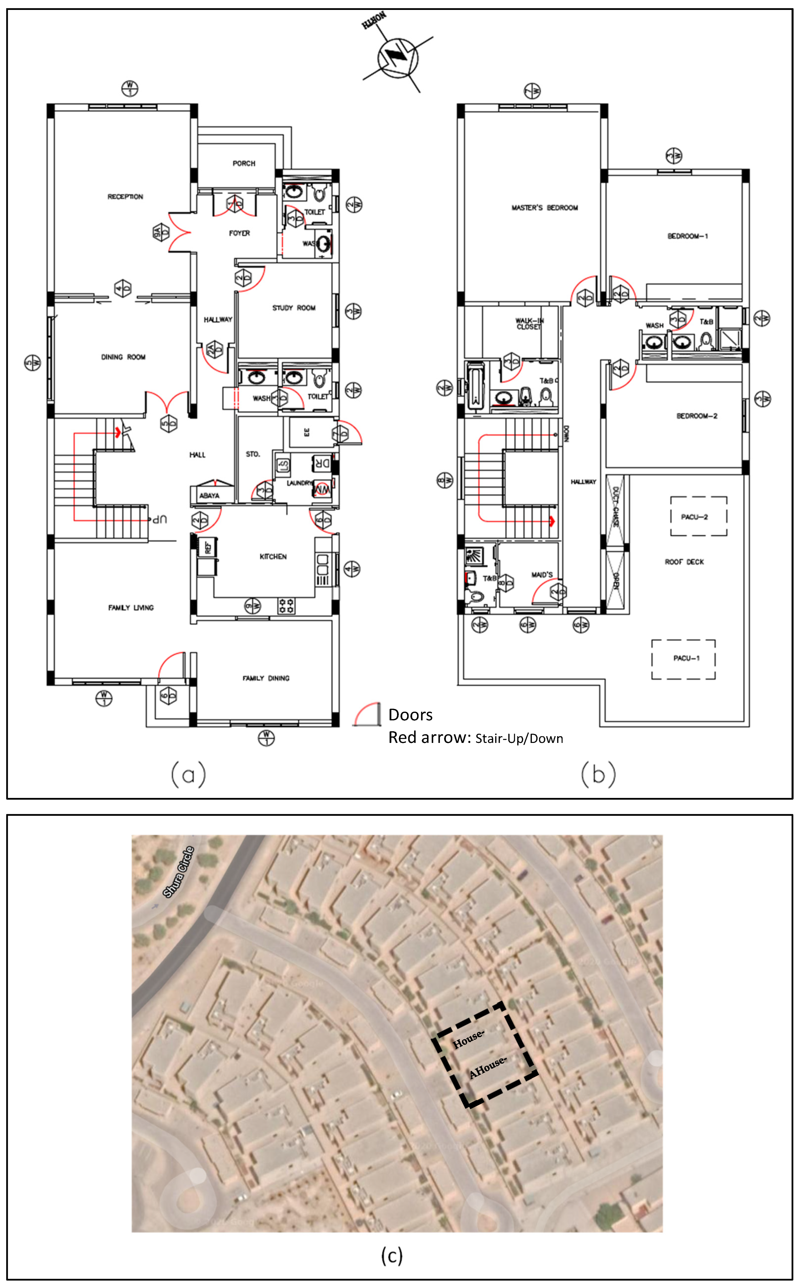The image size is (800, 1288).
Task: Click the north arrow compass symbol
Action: [397, 58]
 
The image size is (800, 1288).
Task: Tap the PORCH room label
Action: [244, 164]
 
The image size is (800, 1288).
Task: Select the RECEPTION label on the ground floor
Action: [125, 197]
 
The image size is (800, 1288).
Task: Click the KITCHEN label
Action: [273, 557]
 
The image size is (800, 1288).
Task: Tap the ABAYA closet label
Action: [209, 496]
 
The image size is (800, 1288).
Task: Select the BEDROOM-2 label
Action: [697, 416]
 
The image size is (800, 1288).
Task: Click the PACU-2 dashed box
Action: [699, 516]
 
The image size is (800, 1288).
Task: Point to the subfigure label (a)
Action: [188, 775]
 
